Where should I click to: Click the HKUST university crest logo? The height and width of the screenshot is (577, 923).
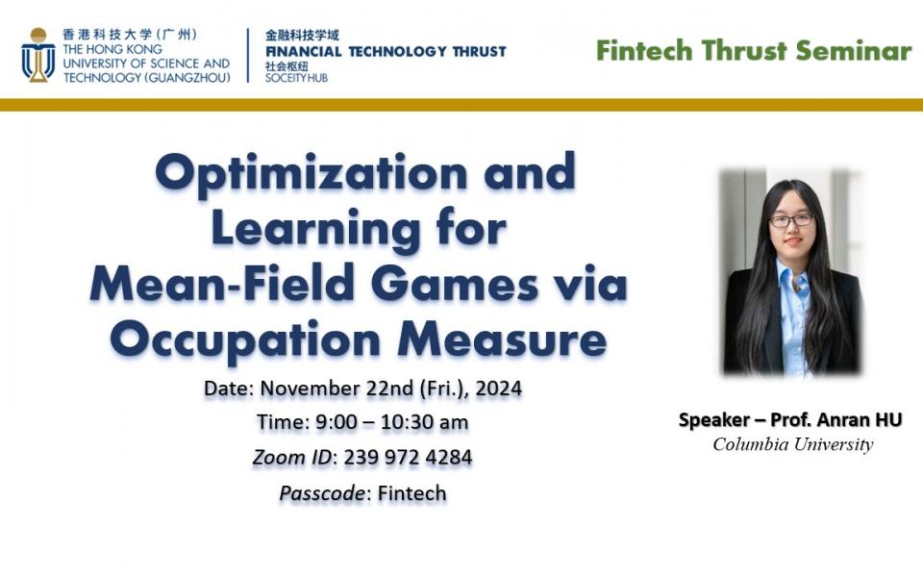click(38, 55)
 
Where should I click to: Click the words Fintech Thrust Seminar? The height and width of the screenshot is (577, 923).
click(754, 51)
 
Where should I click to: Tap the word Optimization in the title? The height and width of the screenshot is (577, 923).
click(312, 173)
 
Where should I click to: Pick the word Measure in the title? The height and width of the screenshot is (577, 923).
click(502, 339)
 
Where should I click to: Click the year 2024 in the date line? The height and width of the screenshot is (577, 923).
click(499, 388)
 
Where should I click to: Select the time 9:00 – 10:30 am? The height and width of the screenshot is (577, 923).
click(392, 422)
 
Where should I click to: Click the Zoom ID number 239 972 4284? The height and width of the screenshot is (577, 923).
click(408, 458)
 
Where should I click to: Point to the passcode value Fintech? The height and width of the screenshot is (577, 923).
click(412, 492)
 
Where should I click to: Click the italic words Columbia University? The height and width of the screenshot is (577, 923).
click(793, 444)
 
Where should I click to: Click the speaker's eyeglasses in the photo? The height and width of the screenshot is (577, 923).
click(791, 221)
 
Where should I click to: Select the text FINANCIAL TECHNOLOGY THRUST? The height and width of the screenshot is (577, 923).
click(386, 52)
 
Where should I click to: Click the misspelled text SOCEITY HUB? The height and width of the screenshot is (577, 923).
click(296, 78)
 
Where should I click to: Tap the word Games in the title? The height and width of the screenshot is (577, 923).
click(455, 285)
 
